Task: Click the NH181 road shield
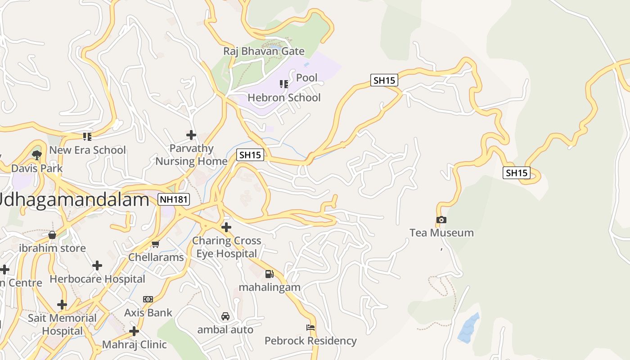[174, 199]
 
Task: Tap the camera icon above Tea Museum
[441, 220]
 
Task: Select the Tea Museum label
[441, 233]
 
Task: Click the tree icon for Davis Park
[37, 155]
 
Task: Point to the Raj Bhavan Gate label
[264, 51]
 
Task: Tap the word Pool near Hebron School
[307, 78]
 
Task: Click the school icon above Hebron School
[284, 84]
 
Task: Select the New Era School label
[87, 150]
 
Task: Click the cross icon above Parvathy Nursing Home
[191, 135]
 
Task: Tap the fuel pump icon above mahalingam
[269, 274]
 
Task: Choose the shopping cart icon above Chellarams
[156, 244]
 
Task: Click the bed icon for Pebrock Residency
[310, 327]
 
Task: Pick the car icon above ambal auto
[225, 316]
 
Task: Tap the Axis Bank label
[148, 312]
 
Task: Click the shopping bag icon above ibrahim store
[52, 235]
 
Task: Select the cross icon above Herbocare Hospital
[97, 265]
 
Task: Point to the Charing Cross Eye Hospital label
[227, 247]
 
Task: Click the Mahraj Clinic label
[135, 344]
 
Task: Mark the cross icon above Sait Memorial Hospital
[62, 305]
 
